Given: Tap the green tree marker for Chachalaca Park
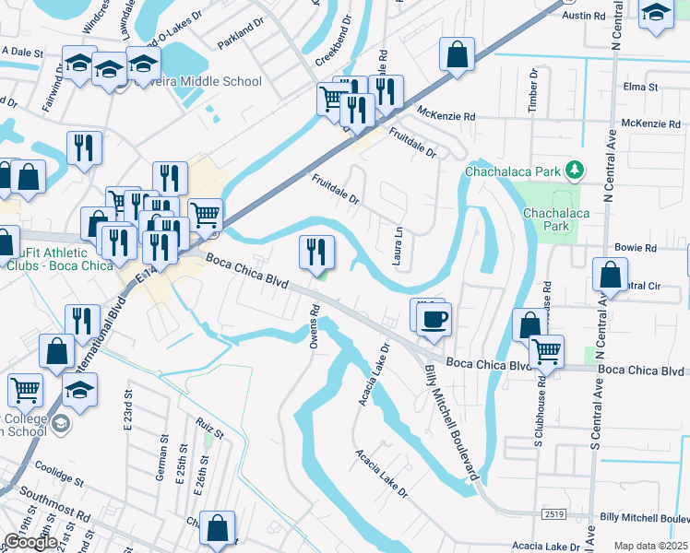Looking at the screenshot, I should (576, 171).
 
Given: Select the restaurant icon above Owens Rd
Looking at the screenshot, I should (316, 250).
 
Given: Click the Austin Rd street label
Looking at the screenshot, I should (583, 17).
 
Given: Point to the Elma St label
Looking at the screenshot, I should (640, 88).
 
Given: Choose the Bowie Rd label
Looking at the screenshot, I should (637, 249).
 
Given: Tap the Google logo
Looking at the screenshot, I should (30, 542).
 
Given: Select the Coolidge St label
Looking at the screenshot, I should (57, 473).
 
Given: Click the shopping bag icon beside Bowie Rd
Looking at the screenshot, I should (610, 274).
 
